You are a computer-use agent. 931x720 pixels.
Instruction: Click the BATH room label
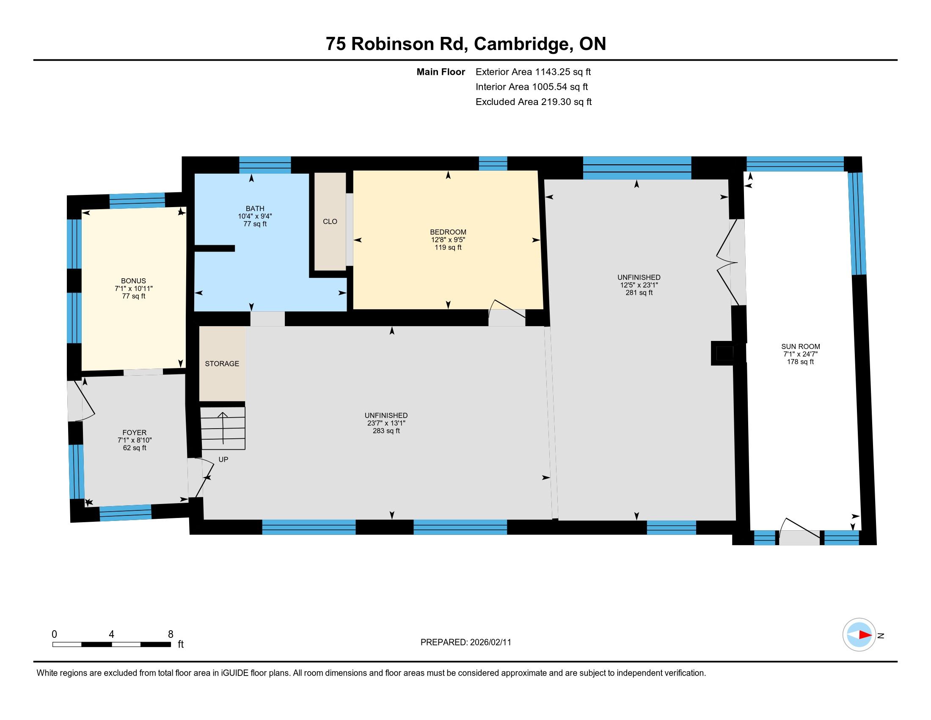[255, 208]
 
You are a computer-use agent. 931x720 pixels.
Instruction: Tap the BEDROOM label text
[448, 232]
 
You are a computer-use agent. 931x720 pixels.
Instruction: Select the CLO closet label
[330, 222]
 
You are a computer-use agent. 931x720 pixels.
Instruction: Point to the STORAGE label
[222, 363]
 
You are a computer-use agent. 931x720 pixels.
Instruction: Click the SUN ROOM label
[801, 346]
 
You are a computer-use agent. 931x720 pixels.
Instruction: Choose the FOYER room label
[134, 432]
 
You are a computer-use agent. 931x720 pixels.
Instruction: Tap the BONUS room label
[133, 281]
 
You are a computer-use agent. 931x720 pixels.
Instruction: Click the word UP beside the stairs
[223, 460]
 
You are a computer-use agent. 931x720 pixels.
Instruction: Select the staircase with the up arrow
[223, 428]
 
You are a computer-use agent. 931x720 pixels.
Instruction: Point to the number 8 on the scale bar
[171, 634]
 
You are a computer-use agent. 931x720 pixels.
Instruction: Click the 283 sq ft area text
[386, 431]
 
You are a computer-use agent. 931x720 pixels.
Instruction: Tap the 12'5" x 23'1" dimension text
[639, 285]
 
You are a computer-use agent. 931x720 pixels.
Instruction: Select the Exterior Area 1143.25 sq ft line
[533, 72]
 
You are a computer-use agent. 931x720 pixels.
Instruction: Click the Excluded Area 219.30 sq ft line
[534, 102]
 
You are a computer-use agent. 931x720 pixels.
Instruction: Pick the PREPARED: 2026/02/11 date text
[465, 642]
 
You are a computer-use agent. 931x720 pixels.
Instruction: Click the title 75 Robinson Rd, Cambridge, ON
[466, 44]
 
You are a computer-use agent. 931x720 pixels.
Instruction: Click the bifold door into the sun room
[727, 262]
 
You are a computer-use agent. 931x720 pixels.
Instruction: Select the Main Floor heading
[441, 72]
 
